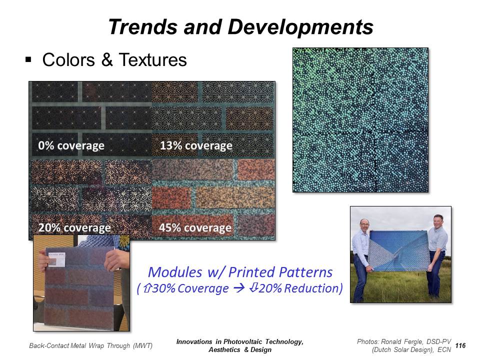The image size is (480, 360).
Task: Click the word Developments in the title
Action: [300, 27]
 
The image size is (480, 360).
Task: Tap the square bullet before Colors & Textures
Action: [28, 59]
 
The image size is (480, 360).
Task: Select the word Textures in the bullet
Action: [153, 59]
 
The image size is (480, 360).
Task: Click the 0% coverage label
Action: [71, 145]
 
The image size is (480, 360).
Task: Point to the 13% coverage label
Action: [196, 145]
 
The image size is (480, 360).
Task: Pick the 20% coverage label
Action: [74, 228]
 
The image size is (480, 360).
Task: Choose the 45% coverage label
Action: [195, 228]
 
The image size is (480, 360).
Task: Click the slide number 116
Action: [460, 345]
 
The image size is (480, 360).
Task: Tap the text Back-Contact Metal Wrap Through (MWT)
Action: [90, 346]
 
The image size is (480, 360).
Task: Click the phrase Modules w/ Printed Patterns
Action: [240, 272]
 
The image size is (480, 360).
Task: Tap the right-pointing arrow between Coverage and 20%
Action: [239, 288]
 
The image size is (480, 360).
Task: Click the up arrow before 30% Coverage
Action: [147, 288]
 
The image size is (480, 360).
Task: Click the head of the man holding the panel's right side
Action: [438, 222]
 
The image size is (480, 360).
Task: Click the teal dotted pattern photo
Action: [360, 120]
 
